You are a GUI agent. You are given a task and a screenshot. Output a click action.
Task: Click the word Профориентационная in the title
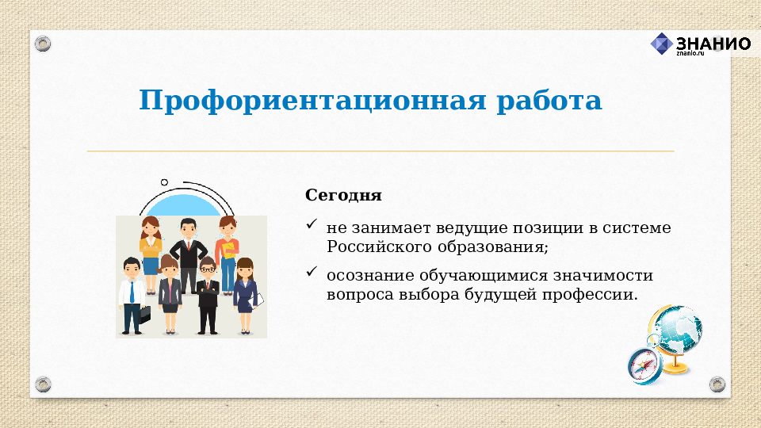[310, 101]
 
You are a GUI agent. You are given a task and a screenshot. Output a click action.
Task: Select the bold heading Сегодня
[343, 195]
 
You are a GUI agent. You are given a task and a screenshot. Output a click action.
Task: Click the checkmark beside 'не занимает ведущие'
[312, 227]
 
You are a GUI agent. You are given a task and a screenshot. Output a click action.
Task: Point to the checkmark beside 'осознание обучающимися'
[312, 273]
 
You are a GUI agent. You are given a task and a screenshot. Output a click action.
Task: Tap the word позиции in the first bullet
[545, 228]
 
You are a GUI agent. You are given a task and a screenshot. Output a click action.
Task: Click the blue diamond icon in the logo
[661, 44]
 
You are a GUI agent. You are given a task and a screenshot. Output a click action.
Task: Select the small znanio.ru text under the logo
[690, 53]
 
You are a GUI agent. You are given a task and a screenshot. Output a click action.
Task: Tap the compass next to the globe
[644, 365]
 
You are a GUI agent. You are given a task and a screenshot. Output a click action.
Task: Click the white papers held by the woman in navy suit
[258, 299]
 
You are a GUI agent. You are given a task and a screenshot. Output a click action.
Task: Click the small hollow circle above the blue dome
[164, 182]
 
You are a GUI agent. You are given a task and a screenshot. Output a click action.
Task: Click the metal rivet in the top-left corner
[43, 43]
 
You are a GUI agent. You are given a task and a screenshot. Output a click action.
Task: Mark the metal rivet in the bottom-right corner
[717, 384]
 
